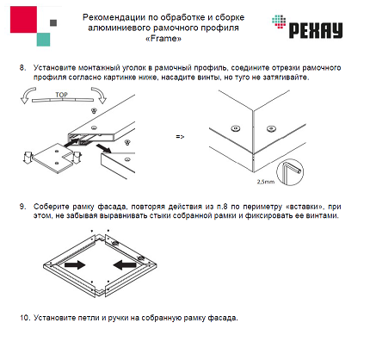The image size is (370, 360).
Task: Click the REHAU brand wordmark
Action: (316, 30)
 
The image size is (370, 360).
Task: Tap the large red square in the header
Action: (23, 20)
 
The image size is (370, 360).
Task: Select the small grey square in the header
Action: (53, 22)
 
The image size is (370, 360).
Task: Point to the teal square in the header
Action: (43, 40)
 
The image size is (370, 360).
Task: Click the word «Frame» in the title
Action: (163, 39)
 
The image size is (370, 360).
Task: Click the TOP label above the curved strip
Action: (61, 95)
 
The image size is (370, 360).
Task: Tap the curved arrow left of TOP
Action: (28, 96)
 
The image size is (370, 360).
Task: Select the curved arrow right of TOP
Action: (99, 95)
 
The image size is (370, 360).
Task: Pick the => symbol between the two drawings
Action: (180, 137)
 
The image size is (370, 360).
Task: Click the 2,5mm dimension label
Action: (266, 182)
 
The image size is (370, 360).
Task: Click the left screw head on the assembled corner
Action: (236, 128)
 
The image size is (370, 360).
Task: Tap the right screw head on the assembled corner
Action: (271, 128)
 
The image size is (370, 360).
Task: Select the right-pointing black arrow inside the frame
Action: (75, 264)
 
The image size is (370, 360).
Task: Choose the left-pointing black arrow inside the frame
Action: (125, 264)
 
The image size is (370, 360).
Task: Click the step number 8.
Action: (22, 68)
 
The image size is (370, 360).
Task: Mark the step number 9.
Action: (22, 207)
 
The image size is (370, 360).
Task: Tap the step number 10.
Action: (25, 318)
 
